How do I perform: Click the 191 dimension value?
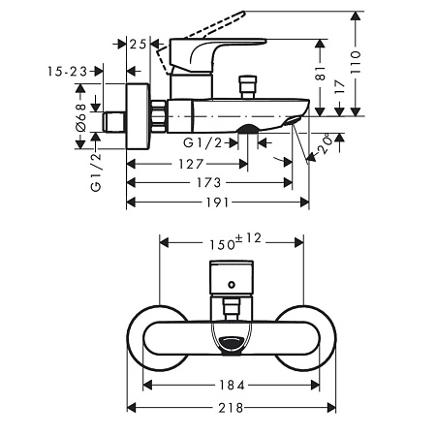click(218, 202)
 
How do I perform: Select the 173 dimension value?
click(209, 183)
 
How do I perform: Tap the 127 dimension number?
click(191, 164)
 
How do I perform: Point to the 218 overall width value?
click(231, 408)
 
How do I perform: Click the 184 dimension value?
click(233, 385)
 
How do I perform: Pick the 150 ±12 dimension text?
click(235, 241)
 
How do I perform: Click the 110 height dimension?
click(356, 62)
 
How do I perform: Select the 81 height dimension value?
click(320, 74)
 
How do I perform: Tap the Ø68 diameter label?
click(81, 118)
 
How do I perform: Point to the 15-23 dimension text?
click(68, 72)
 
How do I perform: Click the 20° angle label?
click(326, 143)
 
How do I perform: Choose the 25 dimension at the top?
click(138, 44)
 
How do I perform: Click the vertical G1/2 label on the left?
click(96, 172)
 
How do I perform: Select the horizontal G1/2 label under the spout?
click(202, 142)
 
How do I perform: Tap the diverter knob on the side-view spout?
click(247, 86)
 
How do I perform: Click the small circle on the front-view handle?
click(232, 285)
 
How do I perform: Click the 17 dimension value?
click(340, 87)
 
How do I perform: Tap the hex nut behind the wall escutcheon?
click(159, 116)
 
